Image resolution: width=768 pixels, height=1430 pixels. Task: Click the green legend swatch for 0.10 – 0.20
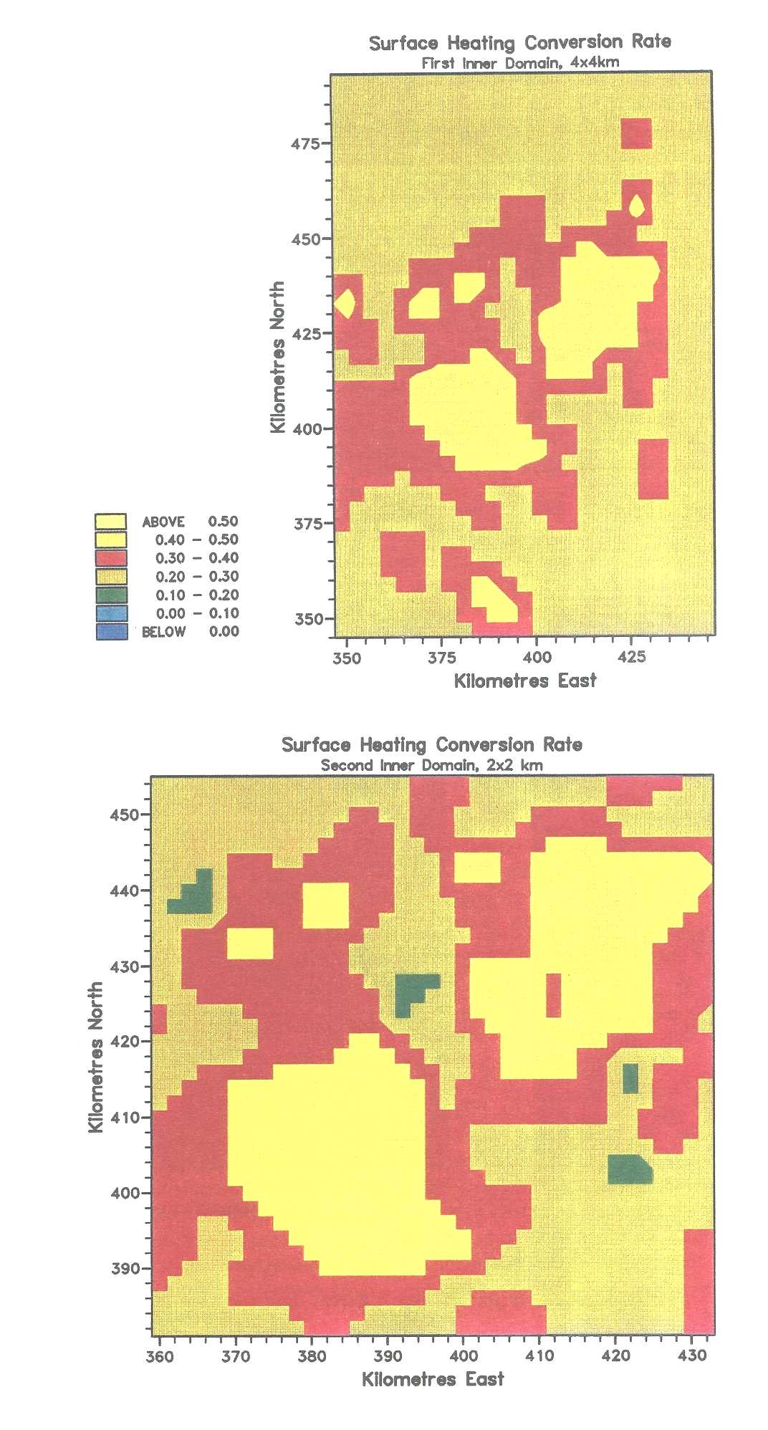pos(111,595)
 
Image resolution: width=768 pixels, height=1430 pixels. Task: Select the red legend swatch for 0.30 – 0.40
pos(111,558)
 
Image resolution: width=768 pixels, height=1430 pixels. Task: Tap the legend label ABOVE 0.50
pos(190,522)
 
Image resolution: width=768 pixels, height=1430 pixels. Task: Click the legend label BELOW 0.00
pos(190,632)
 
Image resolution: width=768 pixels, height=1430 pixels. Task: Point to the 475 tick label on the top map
pos(305,143)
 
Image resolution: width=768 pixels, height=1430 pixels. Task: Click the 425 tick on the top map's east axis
pos(631,658)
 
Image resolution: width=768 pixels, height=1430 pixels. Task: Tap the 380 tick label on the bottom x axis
pos(312,1355)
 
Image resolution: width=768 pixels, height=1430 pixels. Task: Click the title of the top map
pos(520,42)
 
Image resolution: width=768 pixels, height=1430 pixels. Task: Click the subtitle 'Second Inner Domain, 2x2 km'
pos(431,765)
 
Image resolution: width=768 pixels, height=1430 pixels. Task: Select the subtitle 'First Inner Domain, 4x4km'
pos(520,62)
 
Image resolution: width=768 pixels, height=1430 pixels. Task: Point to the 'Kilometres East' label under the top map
pos(525,681)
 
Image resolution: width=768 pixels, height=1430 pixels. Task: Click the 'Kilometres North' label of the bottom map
pos(96,1057)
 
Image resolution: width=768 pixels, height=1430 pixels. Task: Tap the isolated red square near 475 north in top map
pos(636,134)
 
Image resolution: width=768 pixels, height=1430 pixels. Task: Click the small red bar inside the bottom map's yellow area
pos(553,994)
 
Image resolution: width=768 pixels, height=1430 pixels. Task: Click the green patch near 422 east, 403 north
pos(629,1169)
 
